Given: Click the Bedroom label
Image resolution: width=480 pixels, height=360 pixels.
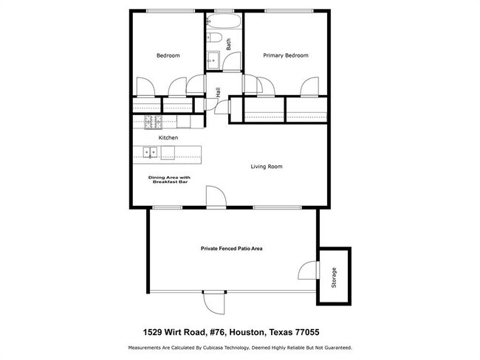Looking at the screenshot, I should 168,56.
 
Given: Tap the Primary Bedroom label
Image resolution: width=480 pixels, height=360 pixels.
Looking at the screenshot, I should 285,56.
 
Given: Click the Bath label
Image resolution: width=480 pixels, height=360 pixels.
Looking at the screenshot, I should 229,44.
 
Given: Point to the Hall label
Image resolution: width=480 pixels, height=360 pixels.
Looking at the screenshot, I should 218,93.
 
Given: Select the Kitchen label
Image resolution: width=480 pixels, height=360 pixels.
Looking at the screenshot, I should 168,138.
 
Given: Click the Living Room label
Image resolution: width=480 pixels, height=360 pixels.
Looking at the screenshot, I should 267,167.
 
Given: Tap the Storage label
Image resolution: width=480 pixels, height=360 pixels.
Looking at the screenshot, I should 335,277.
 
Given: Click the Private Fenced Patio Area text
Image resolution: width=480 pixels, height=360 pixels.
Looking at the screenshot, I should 232,249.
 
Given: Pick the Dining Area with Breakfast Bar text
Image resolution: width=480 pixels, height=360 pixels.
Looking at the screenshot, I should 169,179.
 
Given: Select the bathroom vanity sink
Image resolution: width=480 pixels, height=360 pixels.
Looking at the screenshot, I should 212,61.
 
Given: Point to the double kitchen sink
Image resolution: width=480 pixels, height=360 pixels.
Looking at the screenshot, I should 151,153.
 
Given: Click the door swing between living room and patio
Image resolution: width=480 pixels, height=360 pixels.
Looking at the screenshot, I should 215,195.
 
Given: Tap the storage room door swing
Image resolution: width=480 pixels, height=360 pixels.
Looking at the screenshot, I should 309,269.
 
